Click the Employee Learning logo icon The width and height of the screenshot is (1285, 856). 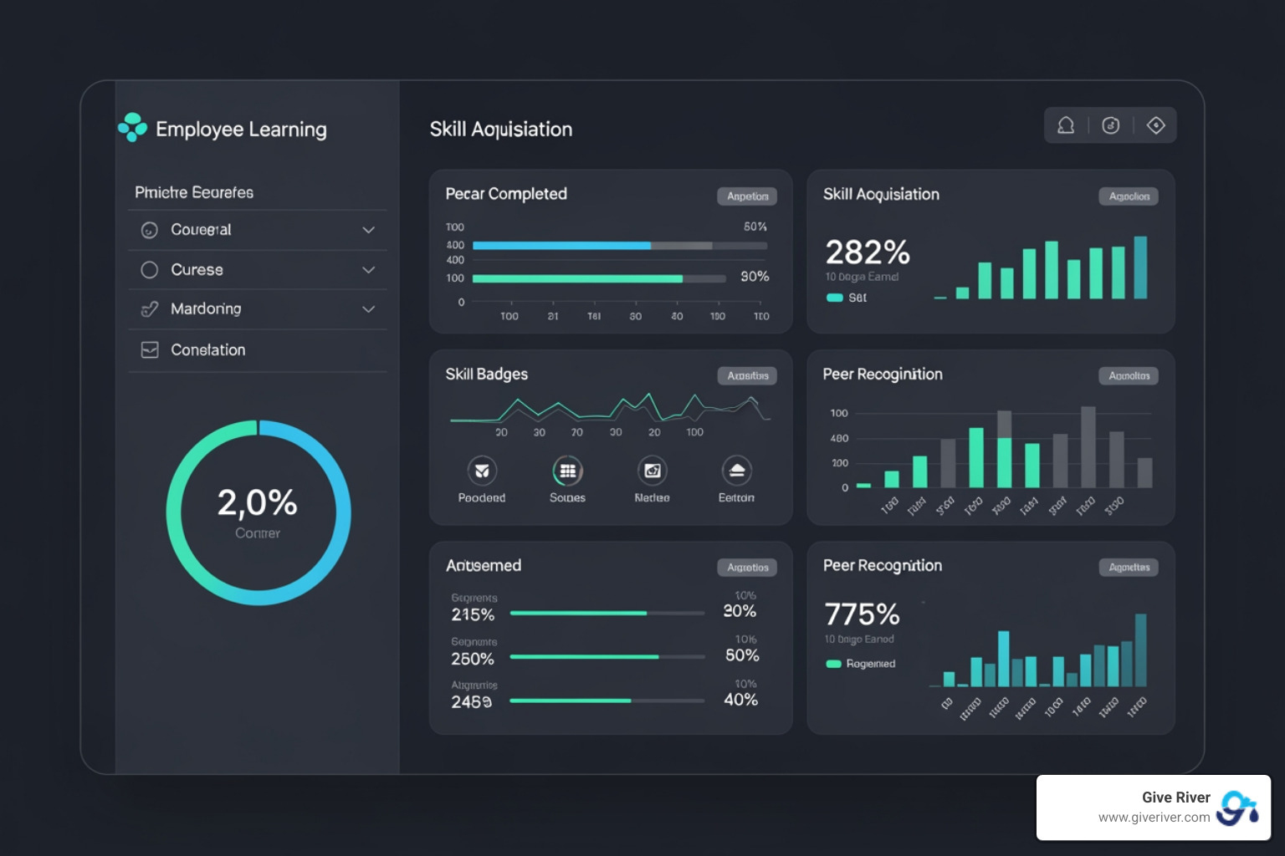132,128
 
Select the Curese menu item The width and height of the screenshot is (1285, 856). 197,270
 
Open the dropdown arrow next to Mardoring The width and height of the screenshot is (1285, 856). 368,309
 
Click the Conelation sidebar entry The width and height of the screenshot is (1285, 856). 207,350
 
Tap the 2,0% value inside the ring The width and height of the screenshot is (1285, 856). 257,503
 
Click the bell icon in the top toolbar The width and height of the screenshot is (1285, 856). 1066,125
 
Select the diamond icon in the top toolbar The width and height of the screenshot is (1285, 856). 1155,125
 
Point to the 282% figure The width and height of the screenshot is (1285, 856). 867,252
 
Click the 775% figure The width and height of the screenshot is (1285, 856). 862,614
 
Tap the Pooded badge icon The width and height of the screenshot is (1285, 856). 482,471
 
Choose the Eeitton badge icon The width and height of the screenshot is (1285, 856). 736,471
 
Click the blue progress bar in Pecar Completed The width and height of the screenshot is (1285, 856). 561,246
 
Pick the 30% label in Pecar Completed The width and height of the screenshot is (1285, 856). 754,277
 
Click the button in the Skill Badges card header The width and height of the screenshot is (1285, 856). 747,376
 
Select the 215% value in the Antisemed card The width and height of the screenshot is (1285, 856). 473,615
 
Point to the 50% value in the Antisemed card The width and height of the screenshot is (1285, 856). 741,655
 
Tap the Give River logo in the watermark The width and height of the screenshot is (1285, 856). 1237,808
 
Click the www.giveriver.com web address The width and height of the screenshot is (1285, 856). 1154,818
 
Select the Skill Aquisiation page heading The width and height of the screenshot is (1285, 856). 500,130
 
